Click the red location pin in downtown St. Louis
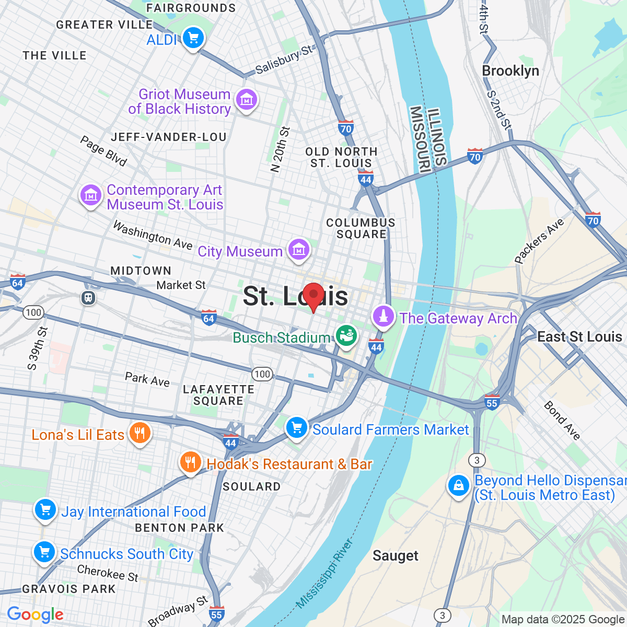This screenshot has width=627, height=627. pos(313,296)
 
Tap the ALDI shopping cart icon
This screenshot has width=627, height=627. pos(193,38)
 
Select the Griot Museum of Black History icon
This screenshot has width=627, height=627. pos(246,99)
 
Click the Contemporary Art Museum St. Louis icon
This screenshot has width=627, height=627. pos(91,195)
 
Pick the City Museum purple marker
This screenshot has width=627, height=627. pos(298,250)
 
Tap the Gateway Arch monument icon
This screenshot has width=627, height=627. pos(384,316)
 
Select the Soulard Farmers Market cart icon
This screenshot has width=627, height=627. pos(296,428)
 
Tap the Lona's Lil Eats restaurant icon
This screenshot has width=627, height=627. pos(140,433)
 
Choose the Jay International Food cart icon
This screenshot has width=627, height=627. pos(45,510)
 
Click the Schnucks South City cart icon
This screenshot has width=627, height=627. pos(44,552)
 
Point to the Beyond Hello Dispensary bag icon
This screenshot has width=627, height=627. pos(458,486)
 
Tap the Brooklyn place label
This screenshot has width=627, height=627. pos(510,71)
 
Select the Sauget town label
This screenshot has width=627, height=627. pos(396,556)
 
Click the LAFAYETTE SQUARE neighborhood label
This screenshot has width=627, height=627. pos(218,395)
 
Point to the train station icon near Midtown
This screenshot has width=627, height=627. pos(88,298)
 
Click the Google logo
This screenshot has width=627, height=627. pos(35,615)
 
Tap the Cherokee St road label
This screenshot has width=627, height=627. pos(108,573)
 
